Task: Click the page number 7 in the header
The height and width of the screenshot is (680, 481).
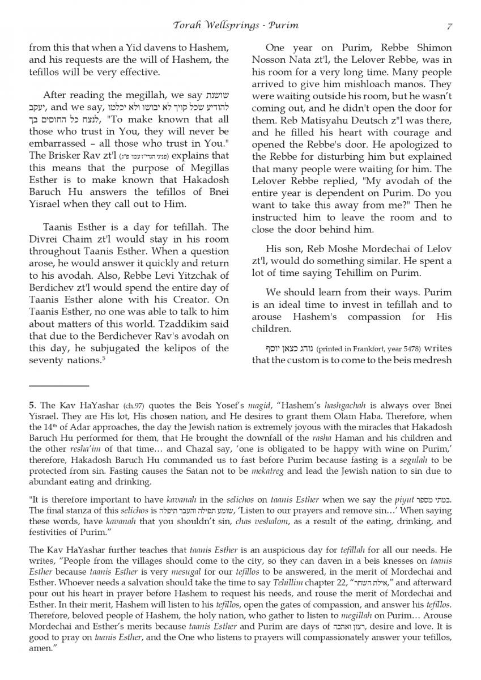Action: (449, 25)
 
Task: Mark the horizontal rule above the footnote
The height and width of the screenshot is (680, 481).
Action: (59, 386)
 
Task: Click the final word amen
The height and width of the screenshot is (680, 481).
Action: (40, 648)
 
